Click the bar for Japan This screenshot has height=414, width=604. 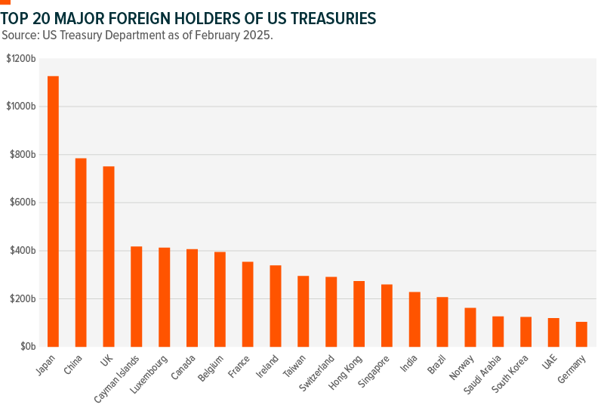point(53,212)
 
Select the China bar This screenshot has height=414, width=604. point(81,252)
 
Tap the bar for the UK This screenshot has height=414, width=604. point(109,257)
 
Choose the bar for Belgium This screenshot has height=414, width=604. point(220,299)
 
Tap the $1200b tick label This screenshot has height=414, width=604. point(21,58)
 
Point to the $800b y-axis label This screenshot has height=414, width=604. point(23,154)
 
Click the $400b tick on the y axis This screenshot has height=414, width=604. point(23,251)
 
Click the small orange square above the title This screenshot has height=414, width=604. point(5,2)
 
